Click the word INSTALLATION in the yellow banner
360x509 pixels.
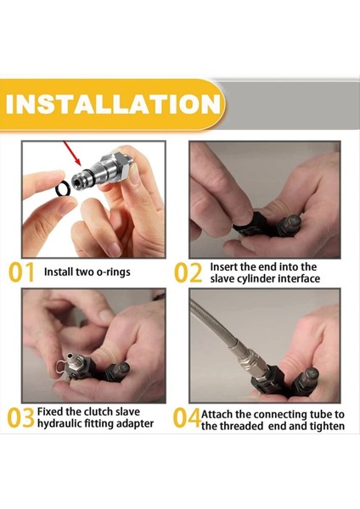coord(113,103)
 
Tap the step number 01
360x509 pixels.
coord(21,272)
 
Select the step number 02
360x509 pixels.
coord(188,272)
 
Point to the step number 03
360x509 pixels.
coord(20,417)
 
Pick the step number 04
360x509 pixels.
coord(187,418)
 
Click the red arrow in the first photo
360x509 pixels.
coord(72,153)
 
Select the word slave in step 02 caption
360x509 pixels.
coord(222,278)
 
